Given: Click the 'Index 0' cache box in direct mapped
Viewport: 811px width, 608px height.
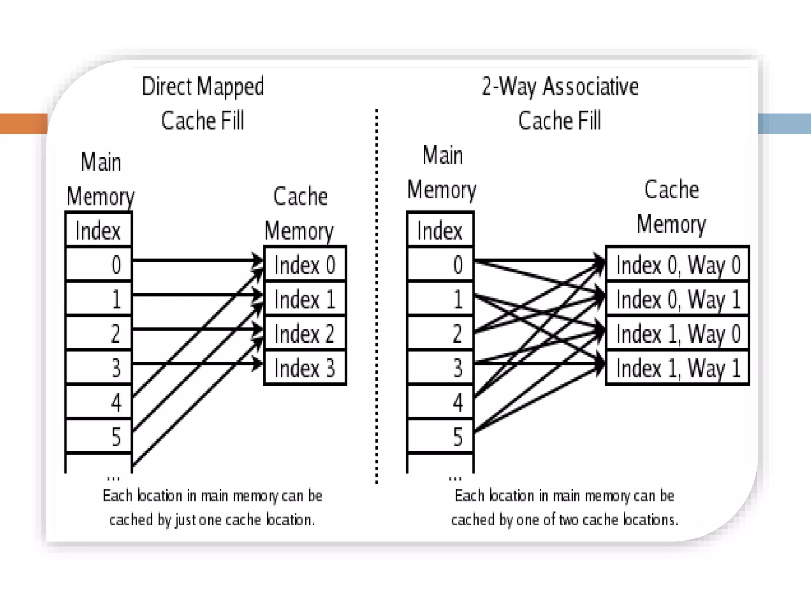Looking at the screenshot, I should pos(305,264).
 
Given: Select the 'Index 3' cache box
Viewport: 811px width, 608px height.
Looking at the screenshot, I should pos(305,368).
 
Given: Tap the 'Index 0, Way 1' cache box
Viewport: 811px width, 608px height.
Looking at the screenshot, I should pos(678,299).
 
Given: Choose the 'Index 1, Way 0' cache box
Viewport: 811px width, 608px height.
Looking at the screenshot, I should pos(678,333).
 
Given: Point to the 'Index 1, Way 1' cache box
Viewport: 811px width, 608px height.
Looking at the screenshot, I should pos(678,368).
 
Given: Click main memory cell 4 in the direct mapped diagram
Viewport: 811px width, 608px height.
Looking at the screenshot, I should pos(99,402).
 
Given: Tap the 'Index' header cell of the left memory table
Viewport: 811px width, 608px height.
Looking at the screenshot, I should pos(98,230).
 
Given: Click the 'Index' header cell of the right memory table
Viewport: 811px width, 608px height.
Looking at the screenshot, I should pos(440,230).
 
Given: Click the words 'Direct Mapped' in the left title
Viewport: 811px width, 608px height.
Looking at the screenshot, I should pos(203,87).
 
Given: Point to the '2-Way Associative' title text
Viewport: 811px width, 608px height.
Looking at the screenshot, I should pos(560,87).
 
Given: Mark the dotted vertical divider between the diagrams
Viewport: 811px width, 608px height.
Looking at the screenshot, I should pos(377,297).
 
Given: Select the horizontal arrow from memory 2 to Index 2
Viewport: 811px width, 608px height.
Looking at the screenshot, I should pos(194,329).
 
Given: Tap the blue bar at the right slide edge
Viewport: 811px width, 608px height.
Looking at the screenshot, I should pos(784,123).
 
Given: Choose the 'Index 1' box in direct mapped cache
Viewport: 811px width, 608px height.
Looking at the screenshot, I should pos(305,299).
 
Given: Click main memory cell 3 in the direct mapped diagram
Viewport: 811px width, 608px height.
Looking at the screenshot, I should pos(99,368).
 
